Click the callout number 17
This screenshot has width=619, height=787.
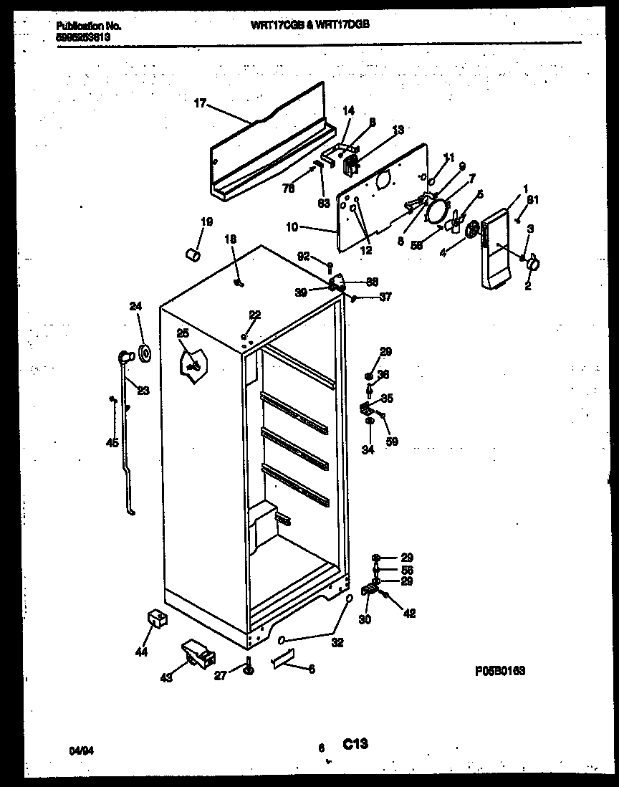200,104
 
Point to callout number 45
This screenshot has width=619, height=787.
112,443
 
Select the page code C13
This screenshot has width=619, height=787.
355,745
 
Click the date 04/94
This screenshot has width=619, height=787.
81,749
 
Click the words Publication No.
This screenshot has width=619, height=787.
88,26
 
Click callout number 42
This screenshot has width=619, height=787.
409,613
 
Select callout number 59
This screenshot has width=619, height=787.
392,442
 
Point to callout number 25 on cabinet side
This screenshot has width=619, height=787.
183,333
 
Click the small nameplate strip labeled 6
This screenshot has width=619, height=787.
284,660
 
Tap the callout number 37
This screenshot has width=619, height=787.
385,297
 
